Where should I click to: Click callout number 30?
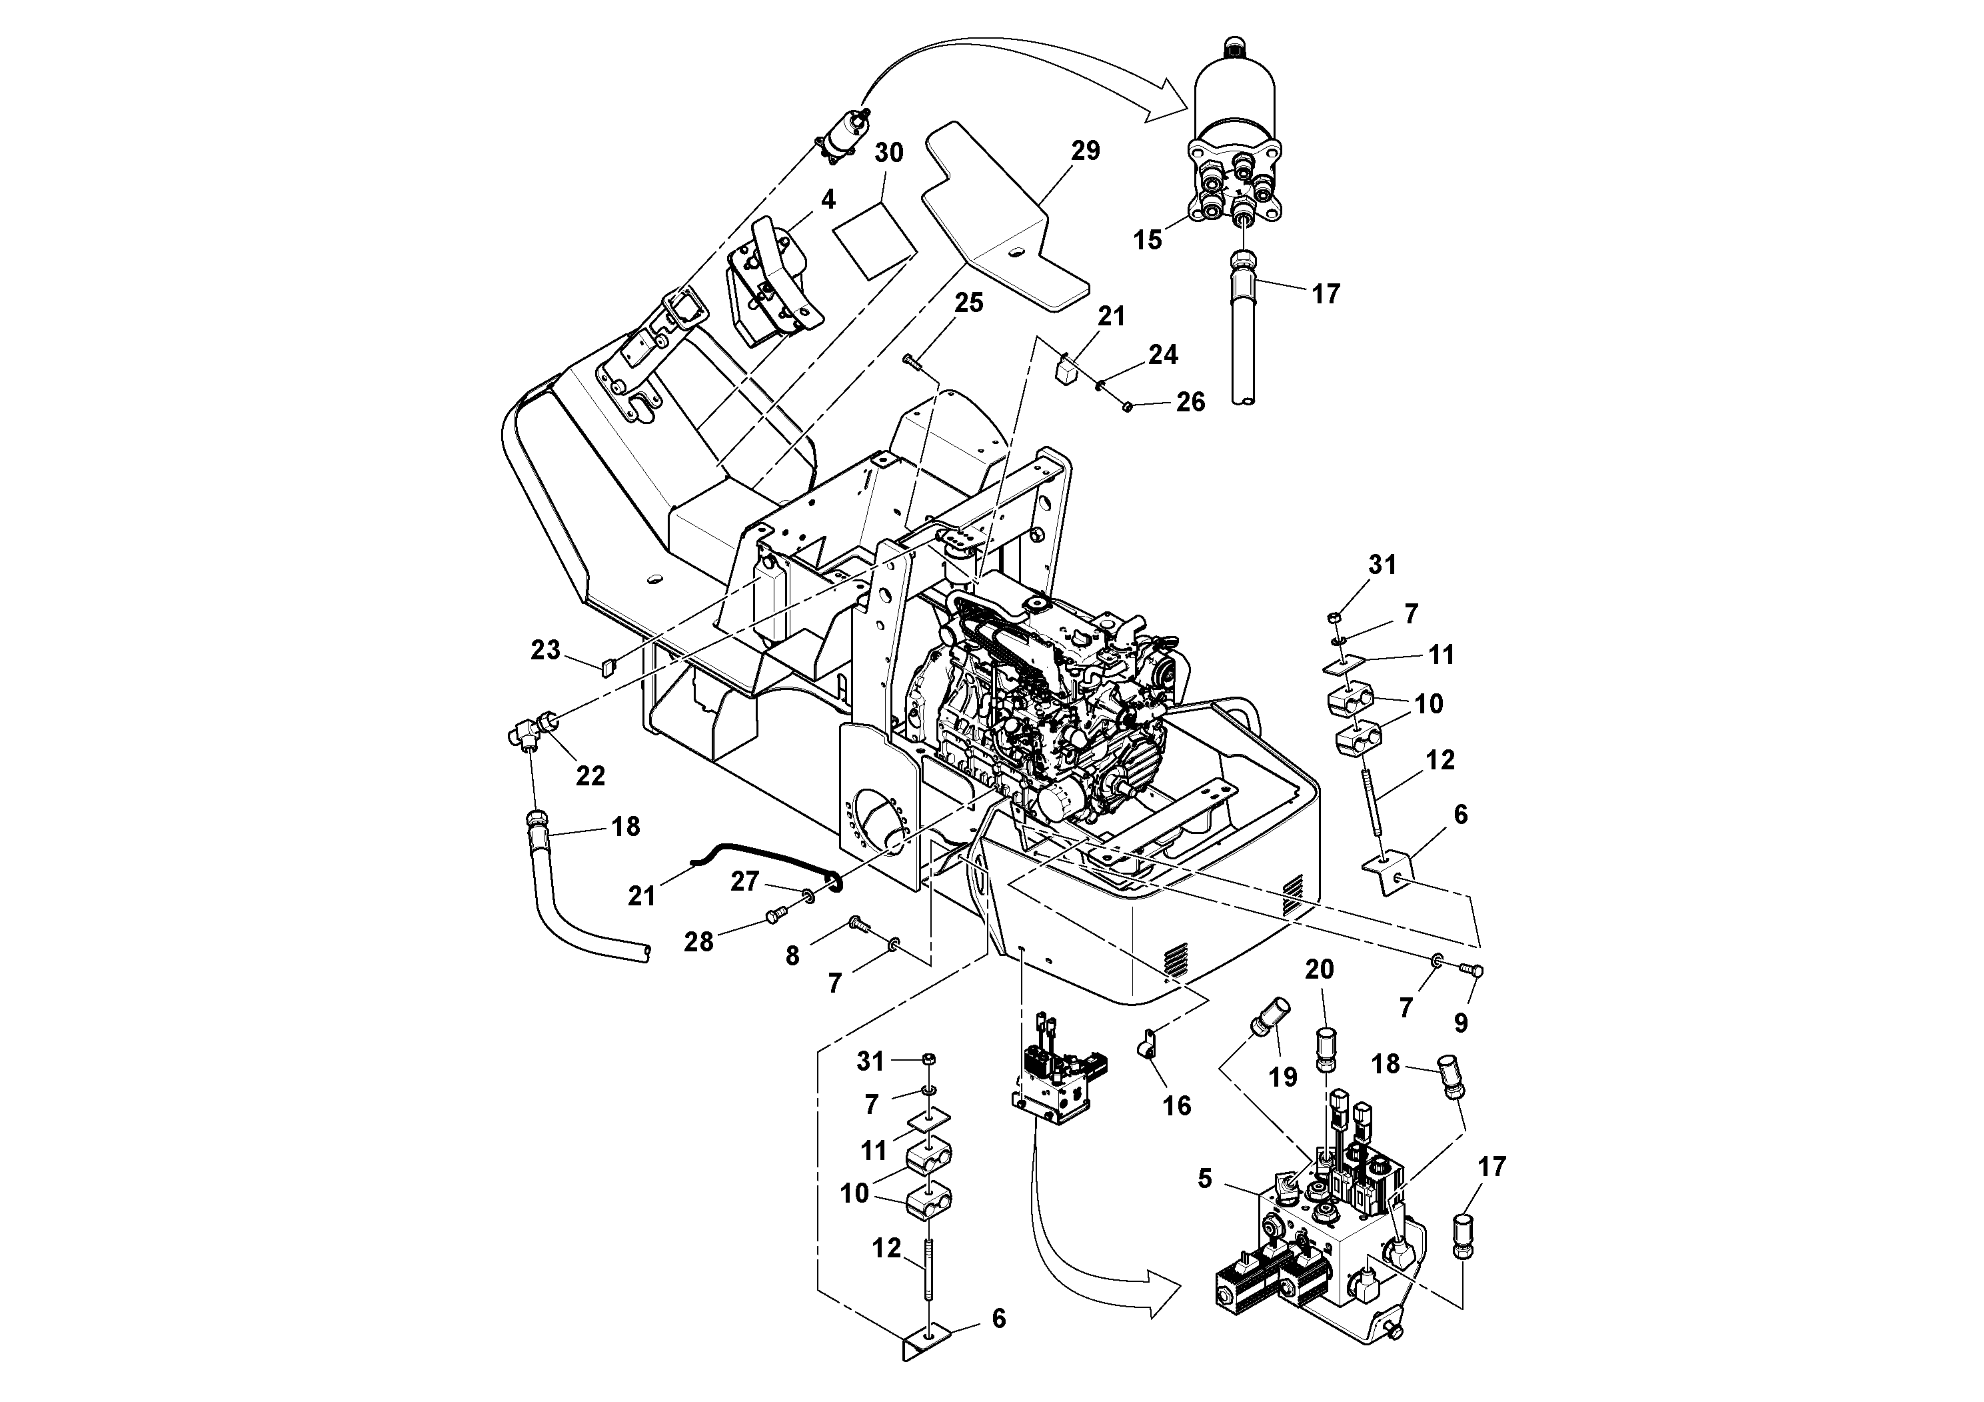(x=888, y=153)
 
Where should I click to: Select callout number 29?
(x=1086, y=151)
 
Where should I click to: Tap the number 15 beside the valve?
(x=1148, y=240)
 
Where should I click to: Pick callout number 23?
(x=545, y=650)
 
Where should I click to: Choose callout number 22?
(x=590, y=776)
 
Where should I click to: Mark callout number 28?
(x=698, y=942)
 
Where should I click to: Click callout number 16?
(x=1177, y=1105)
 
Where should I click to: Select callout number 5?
(x=1204, y=1179)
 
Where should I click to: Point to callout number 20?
(x=1319, y=970)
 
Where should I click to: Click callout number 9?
(x=1460, y=1023)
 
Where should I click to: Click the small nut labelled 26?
(x=1128, y=405)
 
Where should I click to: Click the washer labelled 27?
(x=807, y=894)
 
